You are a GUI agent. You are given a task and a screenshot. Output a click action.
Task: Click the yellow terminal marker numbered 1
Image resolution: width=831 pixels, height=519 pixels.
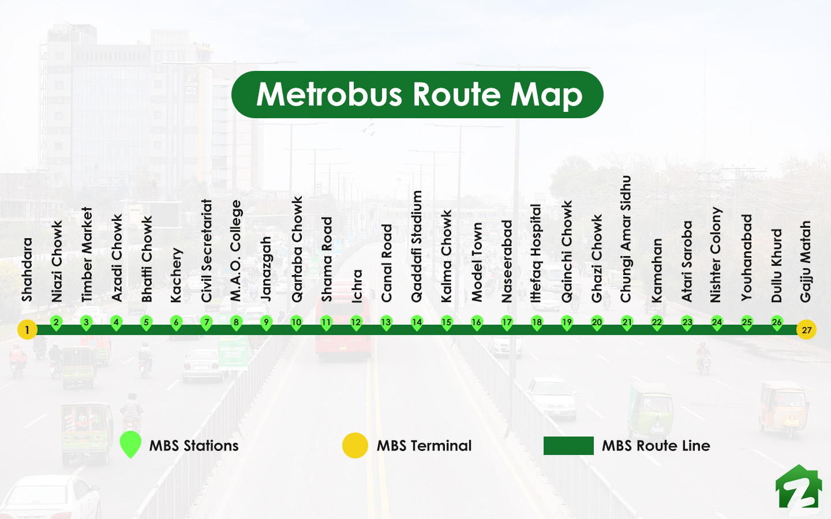[27, 330]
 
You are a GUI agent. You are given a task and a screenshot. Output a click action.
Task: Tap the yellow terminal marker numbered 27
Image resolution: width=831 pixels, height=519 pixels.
[806, 330]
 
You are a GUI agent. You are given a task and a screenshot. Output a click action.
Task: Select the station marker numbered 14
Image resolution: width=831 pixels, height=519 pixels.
[417, 323]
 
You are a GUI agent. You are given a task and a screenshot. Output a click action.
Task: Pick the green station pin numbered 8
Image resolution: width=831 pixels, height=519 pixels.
[236, 323]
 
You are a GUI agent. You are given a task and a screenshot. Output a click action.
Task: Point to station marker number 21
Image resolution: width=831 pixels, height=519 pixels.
[627, 323]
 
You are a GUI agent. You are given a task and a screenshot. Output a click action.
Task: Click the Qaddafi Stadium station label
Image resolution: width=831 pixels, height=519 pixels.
[417, 246]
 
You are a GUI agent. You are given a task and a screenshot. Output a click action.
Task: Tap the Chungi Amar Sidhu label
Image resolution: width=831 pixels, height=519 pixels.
[626, 239]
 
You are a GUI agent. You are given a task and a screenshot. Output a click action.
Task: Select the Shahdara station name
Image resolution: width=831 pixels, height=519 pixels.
[27, 269]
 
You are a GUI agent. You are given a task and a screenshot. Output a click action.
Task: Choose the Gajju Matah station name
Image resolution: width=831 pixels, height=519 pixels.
[806, 261]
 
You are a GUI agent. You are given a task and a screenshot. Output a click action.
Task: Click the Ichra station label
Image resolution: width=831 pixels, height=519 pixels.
[357, 285]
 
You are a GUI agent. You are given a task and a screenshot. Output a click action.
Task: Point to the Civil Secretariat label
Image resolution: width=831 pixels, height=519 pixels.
[207, 250]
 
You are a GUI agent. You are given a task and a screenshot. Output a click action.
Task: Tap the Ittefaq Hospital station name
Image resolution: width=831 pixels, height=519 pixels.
[536, 253]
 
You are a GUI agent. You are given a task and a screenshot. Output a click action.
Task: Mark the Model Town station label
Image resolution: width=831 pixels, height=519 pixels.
[477, 262]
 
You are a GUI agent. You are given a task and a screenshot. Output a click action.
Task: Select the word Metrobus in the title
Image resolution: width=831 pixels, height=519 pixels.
[330, 95]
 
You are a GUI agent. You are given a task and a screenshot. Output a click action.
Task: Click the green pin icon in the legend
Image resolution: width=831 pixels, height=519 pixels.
[130, 445]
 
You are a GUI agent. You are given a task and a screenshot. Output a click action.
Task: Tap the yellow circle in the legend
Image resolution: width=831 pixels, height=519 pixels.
[355, 446]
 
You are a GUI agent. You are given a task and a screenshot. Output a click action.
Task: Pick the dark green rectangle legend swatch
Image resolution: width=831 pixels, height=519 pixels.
[568, 446]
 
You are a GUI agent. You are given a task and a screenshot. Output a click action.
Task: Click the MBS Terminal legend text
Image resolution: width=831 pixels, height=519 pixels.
[424, 446]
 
